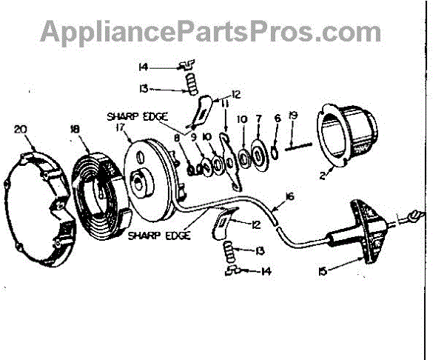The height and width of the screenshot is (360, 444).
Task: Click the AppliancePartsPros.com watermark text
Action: pyautogui.click(x=211, y=32)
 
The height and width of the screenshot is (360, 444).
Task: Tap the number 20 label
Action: pyautogui.click(x=21, y=129)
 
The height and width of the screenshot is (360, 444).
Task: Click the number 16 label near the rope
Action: pyautogui.click(x=289, y=196)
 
